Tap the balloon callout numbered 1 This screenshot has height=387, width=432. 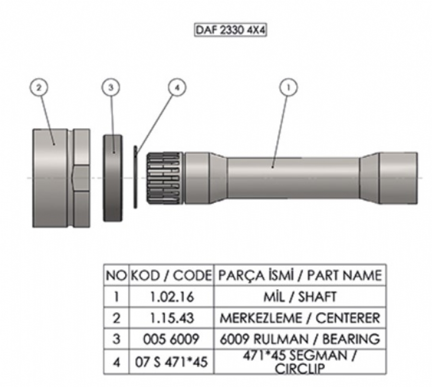pyautogui.click(x=288, y=87)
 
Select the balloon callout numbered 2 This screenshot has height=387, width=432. pyautogui.click(x=39, y=87)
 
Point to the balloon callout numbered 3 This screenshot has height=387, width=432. pyautogui.click(x=111, y=87)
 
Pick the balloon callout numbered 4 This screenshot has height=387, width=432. pyautogui.click(x=177, y=87)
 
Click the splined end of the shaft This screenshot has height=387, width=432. pyautogui.click(x=165, y=178)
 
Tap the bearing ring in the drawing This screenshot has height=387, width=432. pyautogui.click(x=113, y=178)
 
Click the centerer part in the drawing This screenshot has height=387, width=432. pyautogui.click(x=60, y=178)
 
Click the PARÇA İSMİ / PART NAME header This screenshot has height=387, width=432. pyautogui.click(x=300, y=275)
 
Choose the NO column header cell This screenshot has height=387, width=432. pyautogui.click(x=116, y=275)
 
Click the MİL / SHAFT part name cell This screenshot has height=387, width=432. pyautogui.click(x=300, y=296)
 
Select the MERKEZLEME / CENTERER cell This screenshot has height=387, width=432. pyautogui.click(x=300, y=318)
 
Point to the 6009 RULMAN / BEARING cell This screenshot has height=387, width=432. pyautogui.click(x=300, y=339)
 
